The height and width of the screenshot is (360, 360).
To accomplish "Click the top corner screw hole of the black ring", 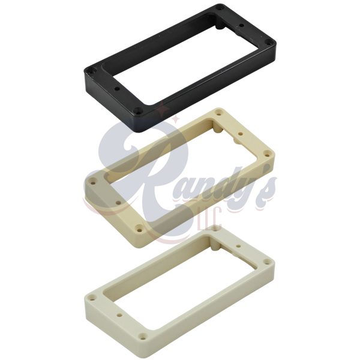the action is click(x=221, y=8).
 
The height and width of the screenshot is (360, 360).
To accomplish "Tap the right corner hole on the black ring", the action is click(x=267, y=42).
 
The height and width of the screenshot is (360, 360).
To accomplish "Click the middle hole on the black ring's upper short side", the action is click(x=241, y=25).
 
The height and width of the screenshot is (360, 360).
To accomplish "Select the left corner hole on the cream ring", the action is click(x=94, y=183).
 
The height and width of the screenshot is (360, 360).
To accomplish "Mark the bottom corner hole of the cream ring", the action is click(x=139, y=229).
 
